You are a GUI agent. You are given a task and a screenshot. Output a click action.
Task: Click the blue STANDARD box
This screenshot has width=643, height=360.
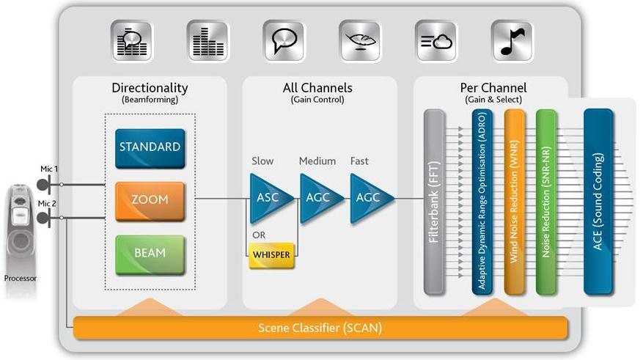[150, 147]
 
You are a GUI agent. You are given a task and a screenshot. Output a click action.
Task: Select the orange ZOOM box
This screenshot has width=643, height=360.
[150, 199]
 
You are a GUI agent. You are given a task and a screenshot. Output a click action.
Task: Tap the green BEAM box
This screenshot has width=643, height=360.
[150, 252]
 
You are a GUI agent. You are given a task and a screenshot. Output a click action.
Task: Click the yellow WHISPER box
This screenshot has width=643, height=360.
[271, 254]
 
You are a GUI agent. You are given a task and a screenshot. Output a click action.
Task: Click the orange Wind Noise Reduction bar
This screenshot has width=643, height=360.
[512, 202]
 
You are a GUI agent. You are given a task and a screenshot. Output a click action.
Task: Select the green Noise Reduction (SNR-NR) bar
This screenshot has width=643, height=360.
[545, 202]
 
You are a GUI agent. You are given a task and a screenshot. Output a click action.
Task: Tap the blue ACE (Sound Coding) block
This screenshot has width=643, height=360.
[598, 202]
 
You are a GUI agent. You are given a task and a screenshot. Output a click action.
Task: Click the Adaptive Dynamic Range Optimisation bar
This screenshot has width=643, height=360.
[481, 202]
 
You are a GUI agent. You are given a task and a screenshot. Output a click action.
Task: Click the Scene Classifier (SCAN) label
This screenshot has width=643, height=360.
[320, 328]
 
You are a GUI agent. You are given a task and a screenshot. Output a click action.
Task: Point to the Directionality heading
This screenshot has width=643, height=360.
[150, 88]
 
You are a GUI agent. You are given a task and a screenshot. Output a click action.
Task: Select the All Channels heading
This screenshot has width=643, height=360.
[317, 88]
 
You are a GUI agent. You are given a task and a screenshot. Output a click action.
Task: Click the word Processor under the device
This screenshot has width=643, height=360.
[20, 279]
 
